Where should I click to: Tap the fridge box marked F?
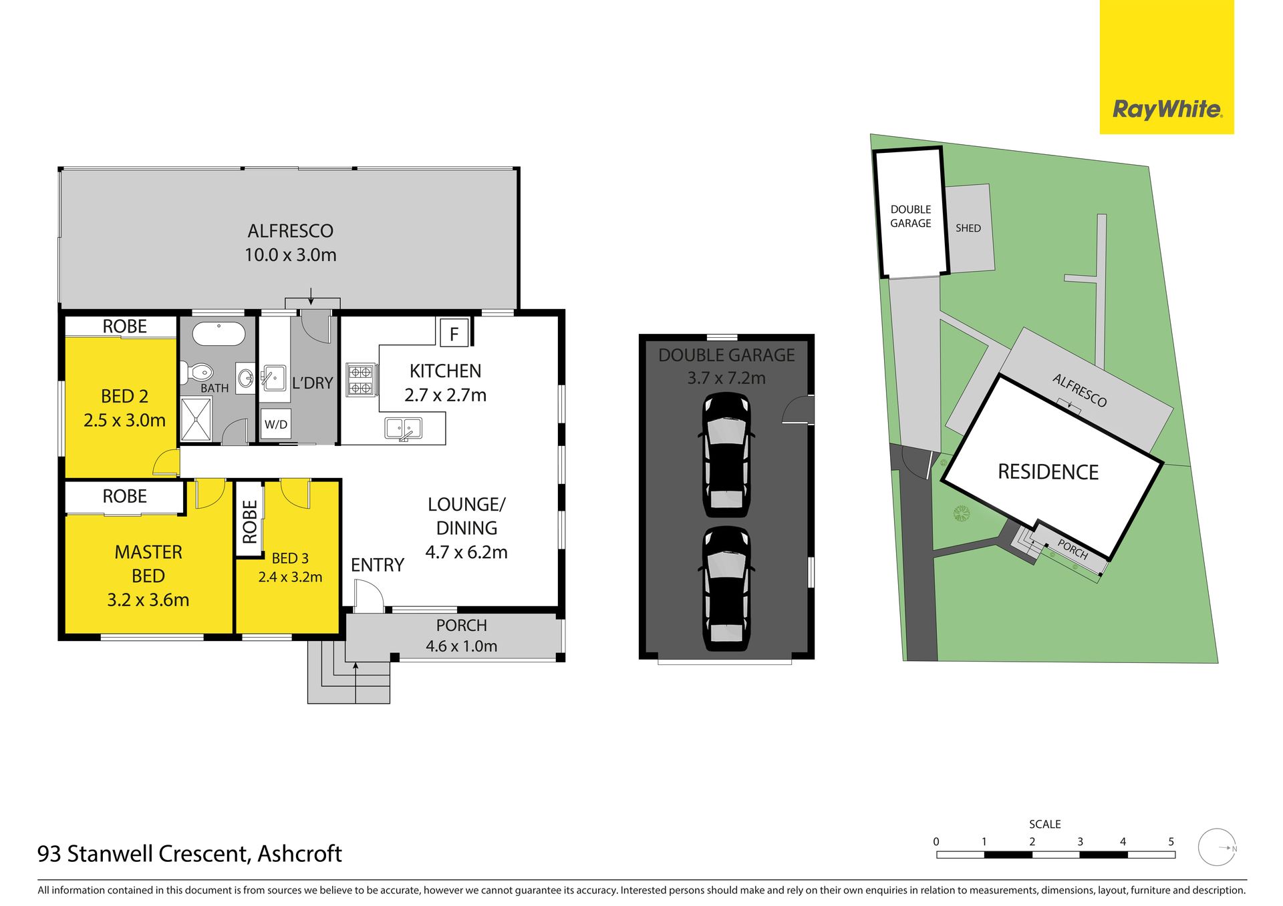click(x=454, y=333)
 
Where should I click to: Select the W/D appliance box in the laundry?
click(x=276, y=424)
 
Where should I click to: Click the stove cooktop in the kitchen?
click(x=362, y=379)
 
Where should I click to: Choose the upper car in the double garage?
click(x=726, y=454)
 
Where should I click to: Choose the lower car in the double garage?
click(x=726, y=589)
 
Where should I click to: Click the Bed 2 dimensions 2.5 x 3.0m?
click(x=124, y=421)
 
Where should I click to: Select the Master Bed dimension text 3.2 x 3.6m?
click(x=148, y=600)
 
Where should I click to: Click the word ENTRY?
click(x=378, y=565)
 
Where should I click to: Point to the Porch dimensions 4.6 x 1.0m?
click(x=462, y=646)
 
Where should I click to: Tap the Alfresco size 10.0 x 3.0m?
click(x=291, y=255)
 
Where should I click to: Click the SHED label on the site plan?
click(x=968, y=228)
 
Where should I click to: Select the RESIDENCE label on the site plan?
click(x=1048, y=472)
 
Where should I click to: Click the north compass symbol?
click(x=1218, y=847)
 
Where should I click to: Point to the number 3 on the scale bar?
click(x=1080, y=842)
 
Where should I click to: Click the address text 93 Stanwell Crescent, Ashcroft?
click(x=190, y=854)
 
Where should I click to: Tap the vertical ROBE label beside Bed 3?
click(x=249, y=522)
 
